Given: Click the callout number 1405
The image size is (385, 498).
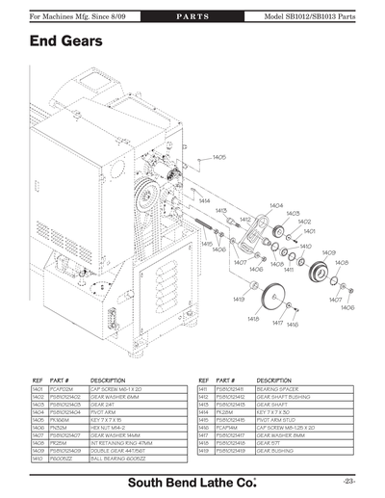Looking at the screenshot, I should click(219, 156).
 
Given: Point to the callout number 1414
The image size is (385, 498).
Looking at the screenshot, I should click(204, 201).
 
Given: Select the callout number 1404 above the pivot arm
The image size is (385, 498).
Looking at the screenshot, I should click(276, 205).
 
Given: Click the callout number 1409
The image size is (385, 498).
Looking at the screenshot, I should click(328, 252).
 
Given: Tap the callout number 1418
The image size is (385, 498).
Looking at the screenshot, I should click(253, 318).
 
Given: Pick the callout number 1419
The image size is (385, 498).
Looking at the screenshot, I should click(238, 300).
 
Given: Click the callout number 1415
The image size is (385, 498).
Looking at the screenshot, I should click(206, 245).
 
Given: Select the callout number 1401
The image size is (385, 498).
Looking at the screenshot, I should click(309, 231).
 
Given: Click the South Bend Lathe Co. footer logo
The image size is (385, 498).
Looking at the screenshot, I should click(192, 479).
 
